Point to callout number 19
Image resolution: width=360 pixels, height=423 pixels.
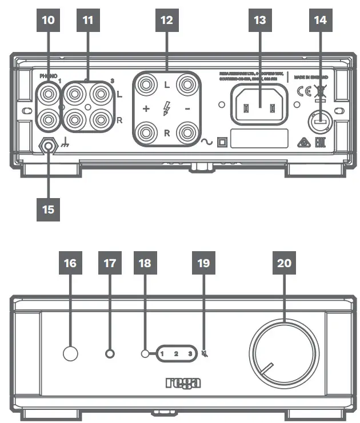(x=204, y=263)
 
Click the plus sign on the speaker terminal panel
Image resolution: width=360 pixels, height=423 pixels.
(x=145, y=109)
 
